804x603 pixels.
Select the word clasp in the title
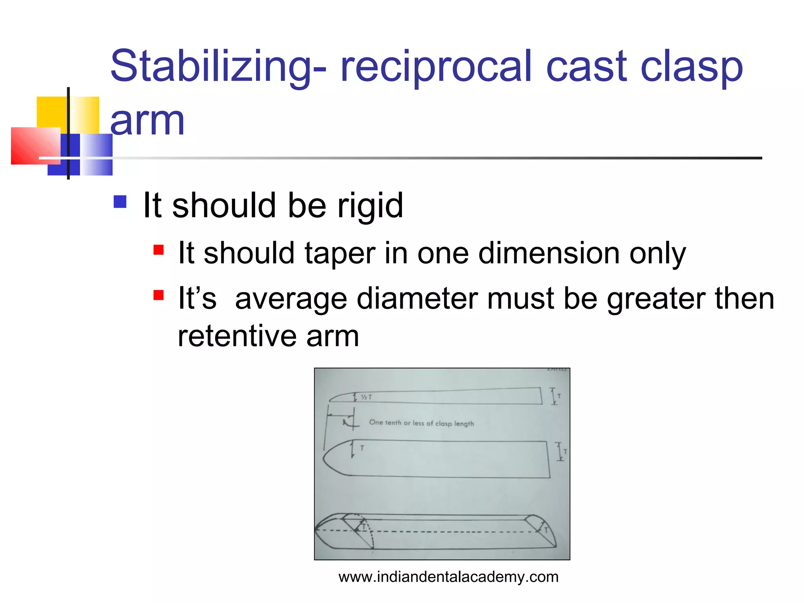click(x=691, y=67)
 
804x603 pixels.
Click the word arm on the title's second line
click(x=147, y=121)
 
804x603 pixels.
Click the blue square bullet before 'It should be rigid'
click(x=120, y=202)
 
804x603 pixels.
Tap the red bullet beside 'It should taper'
click(x=159, y=250)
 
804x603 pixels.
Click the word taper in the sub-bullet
click(x=340, y=253)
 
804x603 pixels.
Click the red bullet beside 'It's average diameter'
click(x=159, y=295)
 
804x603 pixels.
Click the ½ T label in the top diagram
click(x=366, y=397)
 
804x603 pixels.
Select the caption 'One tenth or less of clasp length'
click(x=421, y=423)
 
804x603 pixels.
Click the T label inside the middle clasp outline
click(x=362, y=448)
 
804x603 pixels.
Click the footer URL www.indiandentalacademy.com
click(x=448, y=577)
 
